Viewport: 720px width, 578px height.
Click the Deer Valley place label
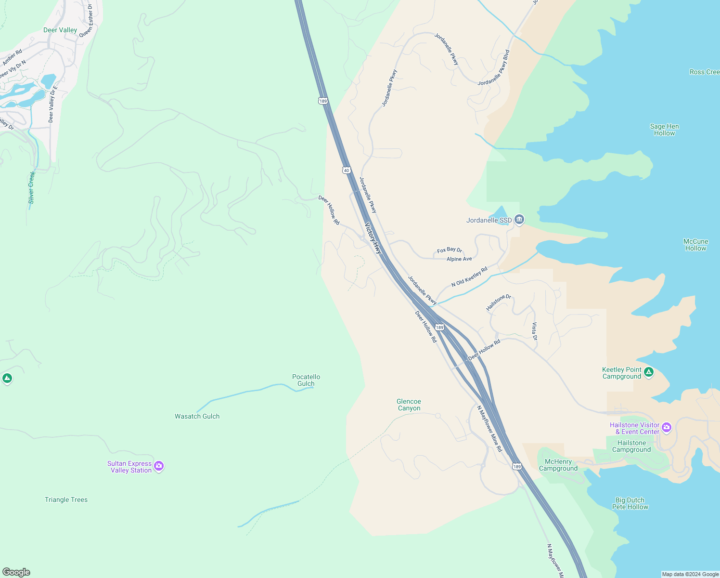(60, 30)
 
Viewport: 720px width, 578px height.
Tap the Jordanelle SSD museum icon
(519, 220)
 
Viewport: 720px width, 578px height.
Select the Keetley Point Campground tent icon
(649, 372)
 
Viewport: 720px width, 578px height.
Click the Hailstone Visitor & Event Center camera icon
(667, 427)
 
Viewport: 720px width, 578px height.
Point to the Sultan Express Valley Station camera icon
(159, 466)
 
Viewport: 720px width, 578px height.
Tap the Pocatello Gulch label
(306, 380)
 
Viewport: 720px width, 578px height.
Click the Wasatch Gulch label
(197, 416)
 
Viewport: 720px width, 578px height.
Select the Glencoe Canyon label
(409, 405)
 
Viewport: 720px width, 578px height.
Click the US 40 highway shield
(347, 171)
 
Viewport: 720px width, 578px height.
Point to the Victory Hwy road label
(373, 238)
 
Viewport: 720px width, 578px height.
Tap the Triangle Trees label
(66, 499)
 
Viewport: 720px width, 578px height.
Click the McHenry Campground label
(558, 465)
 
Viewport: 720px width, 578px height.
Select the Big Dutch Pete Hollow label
(630, 503)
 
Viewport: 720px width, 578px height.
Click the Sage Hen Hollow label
(664, 130)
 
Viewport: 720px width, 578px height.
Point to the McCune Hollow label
(695, 245)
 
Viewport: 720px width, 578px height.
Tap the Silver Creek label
(31, 187)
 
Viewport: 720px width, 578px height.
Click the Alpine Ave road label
(459, 259)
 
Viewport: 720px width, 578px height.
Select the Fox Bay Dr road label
(450, 250)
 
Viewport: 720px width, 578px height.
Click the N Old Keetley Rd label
(469, 276)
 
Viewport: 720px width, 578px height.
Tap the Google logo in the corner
(16, 572)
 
